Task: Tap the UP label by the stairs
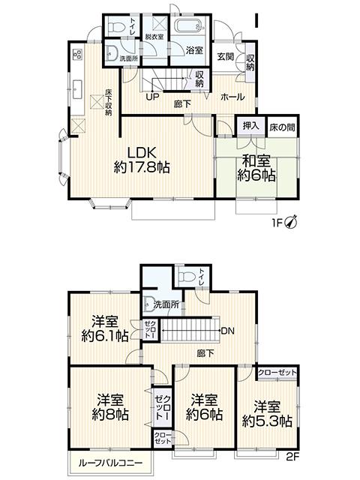tap(152, 97)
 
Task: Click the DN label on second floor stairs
tap(228, 331)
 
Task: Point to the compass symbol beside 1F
tap(292, 222)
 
